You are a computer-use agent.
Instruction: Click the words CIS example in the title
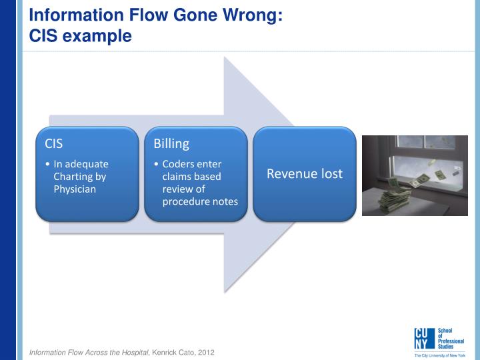tap(81, 36)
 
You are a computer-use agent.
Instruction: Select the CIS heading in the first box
tap(54, 143)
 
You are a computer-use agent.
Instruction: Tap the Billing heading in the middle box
tap(171, 143)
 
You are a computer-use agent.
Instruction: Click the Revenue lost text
tap(305, 174)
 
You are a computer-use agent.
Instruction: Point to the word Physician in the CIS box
tap(75, 189)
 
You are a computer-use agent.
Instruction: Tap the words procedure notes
tap(200, 201)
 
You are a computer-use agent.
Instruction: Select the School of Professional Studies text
tap(451, 339)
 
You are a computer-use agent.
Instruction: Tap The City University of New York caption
tap(440, 355)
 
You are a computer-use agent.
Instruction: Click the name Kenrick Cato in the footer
tap(173, 351)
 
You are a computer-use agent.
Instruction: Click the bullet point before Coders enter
tap(156, 164)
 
